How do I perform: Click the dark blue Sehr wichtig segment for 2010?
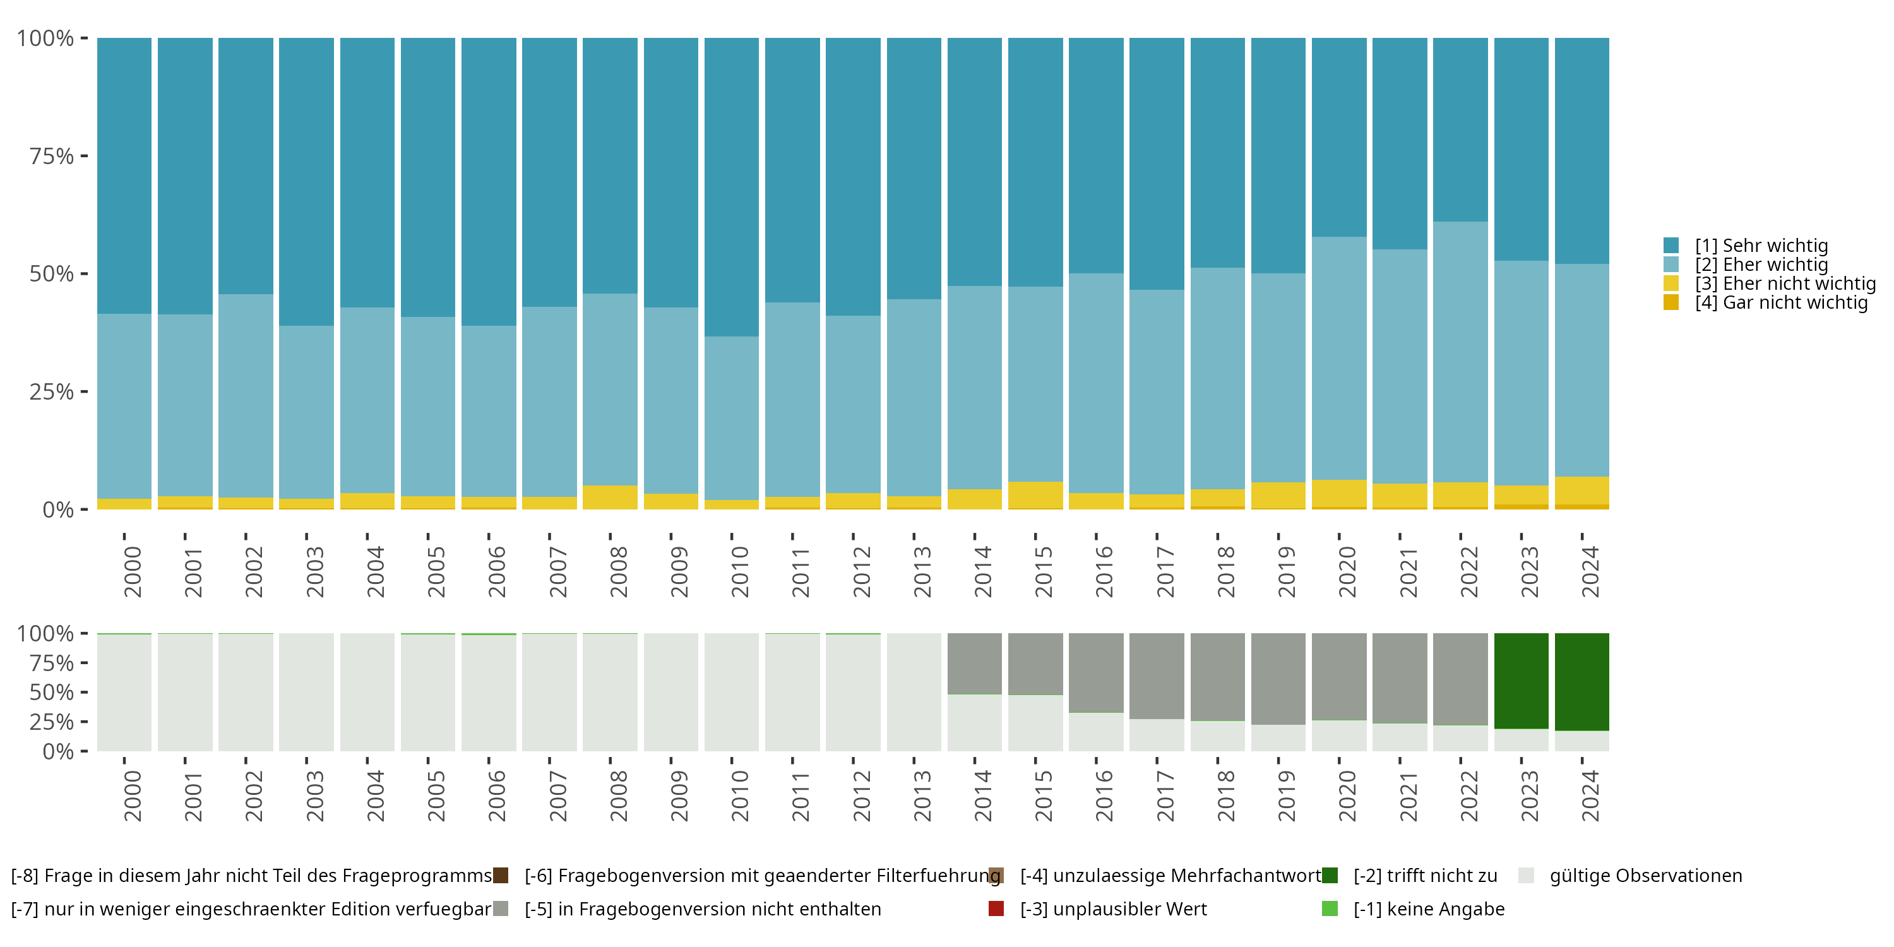[732, 187]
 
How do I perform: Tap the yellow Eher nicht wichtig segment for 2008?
[610, 497]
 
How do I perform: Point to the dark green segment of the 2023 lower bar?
[1522, 681]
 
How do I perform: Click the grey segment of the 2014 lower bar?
[974, 663]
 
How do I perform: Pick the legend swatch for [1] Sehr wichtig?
[1671, 246]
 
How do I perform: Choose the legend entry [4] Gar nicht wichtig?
[1781, 303]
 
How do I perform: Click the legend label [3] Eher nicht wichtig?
[1785, 284]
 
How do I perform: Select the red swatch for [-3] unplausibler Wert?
[996, 908]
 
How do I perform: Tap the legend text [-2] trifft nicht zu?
[1425, 876]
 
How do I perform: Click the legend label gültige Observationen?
[1645, 876]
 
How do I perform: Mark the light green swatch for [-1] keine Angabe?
[1330, 908]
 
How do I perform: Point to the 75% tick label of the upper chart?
[52, 156]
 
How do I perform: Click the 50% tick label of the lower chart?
[52, 693]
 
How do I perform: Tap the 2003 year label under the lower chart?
[314, 795]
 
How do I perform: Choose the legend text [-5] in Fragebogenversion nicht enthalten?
[702, 908]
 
